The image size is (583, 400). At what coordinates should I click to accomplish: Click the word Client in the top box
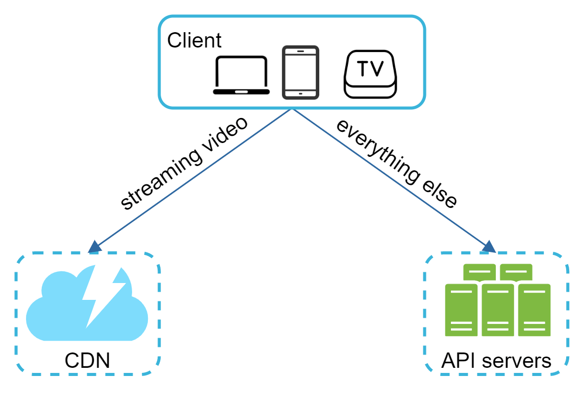194,40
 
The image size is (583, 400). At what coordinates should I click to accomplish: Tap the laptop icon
241,76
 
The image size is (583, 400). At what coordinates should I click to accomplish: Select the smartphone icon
300,73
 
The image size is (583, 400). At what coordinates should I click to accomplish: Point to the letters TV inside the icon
370,68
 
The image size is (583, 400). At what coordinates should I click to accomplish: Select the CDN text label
88,361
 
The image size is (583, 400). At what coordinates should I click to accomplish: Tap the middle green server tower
498,310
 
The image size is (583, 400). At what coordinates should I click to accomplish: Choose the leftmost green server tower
462,310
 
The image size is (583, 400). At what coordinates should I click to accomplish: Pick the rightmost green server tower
534,310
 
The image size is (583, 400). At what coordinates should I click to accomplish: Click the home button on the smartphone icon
300,93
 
